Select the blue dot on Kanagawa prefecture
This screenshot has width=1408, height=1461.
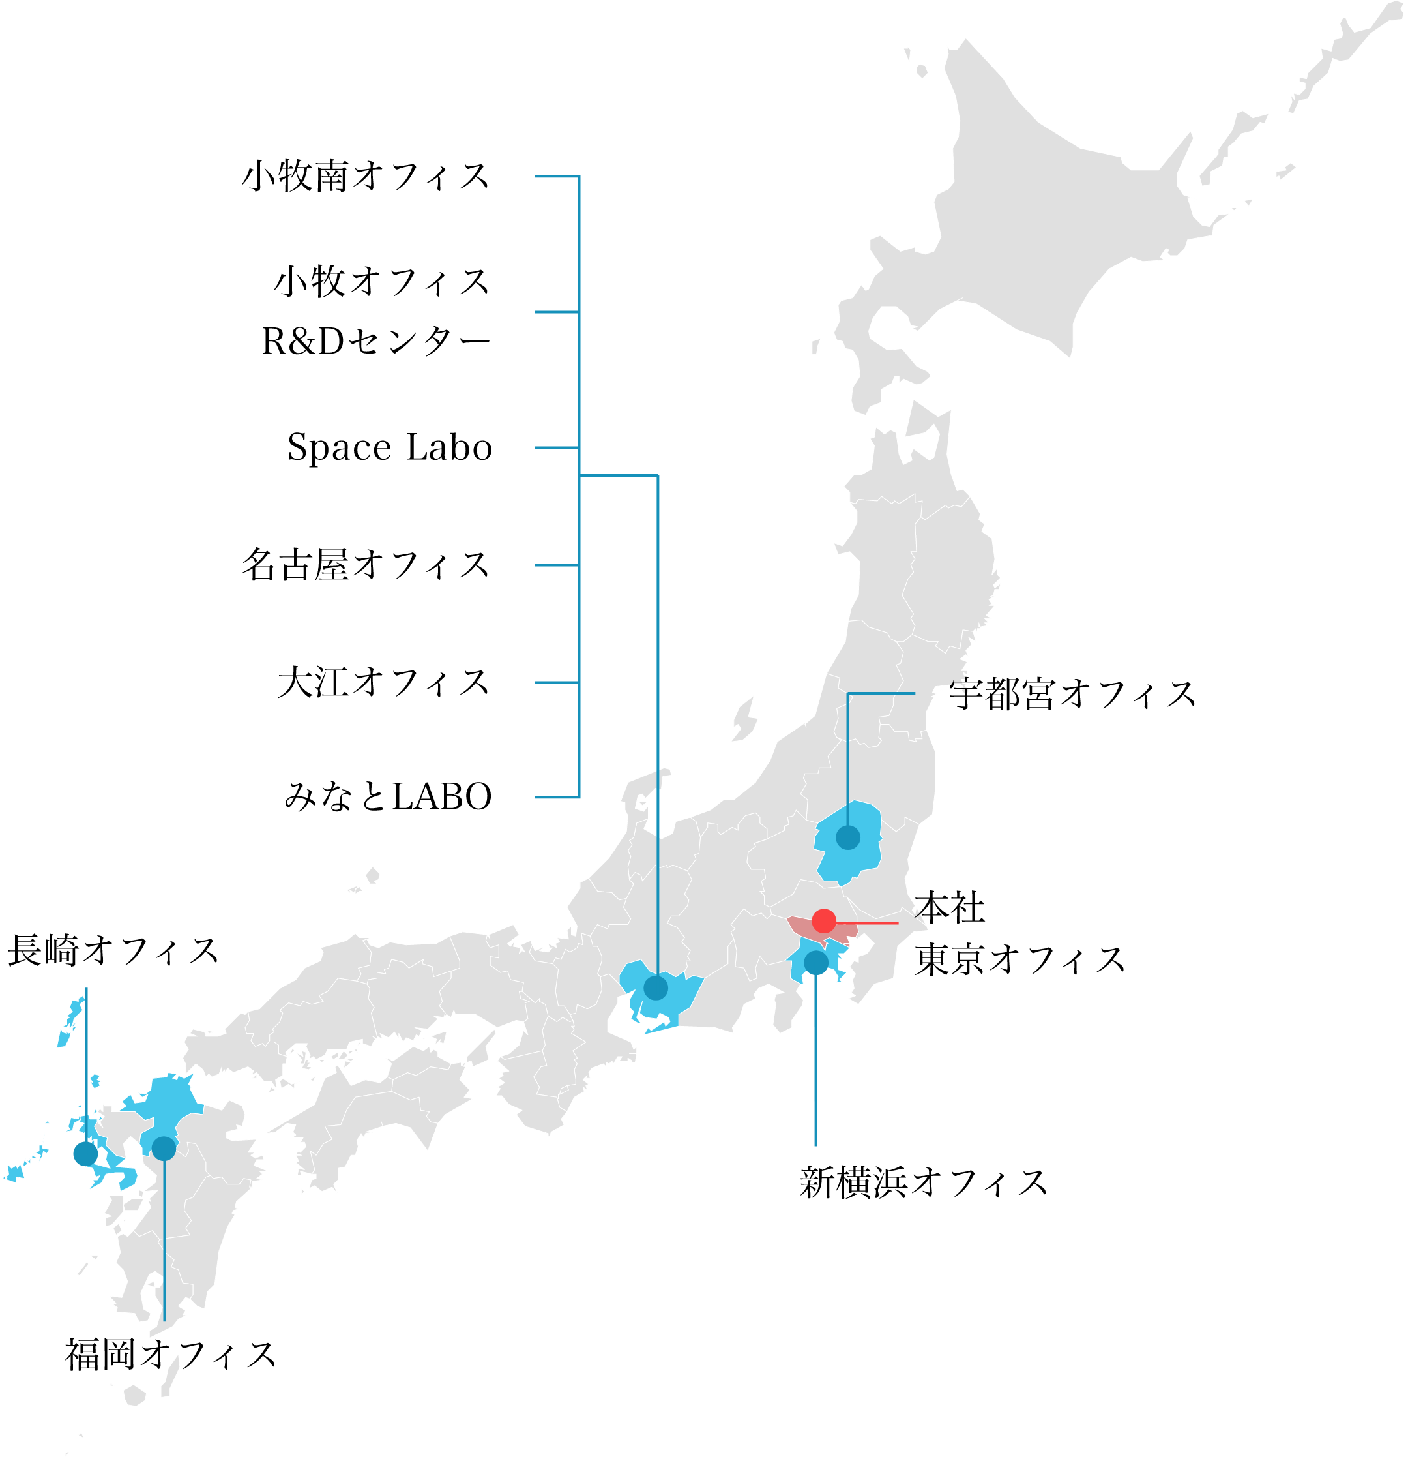tap(815, 962)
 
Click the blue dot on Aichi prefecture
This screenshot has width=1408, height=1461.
tap(656, 987)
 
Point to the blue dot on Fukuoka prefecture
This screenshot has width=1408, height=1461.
tap(164, 1148)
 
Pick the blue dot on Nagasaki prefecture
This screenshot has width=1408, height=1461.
tap(85, 1154)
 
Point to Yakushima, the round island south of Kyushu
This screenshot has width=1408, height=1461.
tap(134, 1395)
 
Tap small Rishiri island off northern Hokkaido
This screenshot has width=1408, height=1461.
tap(922, 72)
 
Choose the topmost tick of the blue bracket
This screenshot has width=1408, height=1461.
tap(555, 177)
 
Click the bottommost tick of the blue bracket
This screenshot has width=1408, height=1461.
tap(555, 798)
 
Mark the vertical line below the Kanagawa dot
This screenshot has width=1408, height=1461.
tap(815, 1059)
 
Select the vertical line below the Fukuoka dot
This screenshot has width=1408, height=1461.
tap(164, 1237)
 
